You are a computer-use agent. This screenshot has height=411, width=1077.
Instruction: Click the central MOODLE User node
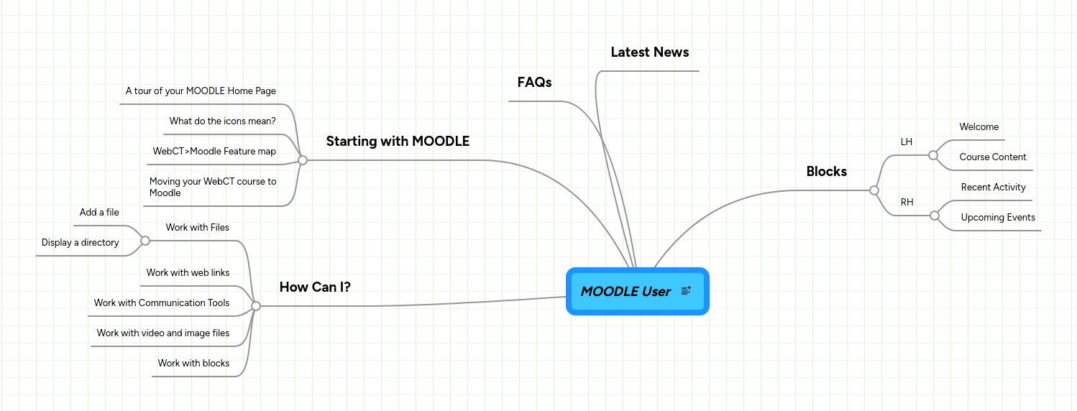(x=625, y=291)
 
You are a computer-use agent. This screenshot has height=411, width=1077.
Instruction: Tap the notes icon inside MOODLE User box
(x=686, y=290)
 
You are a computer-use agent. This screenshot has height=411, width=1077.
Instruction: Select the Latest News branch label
(x=649, y=52)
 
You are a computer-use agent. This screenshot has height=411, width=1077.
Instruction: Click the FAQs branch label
(x=534, y=83)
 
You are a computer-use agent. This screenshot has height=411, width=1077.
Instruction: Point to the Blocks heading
(x=826, y=172)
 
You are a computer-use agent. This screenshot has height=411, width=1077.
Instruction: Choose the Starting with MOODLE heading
(x=398, y=142)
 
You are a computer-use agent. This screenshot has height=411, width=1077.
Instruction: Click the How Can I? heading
(x=315, y=287)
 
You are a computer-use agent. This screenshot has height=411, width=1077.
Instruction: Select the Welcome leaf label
(x=979, y=127)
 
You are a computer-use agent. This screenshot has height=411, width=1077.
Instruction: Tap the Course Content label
(x=992, y=157)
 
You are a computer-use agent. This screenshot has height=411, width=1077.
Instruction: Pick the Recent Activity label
(x=993, y=188)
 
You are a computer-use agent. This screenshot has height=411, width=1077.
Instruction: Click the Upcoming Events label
(x=997, y=218)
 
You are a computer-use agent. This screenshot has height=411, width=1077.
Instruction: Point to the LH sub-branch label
(x=906, y=142)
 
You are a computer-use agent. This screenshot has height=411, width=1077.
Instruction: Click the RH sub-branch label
(x=907, y=203)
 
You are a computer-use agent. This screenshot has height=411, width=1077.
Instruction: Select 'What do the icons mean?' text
(x=222, y=121)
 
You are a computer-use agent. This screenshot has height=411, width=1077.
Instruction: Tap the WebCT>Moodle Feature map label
(x=214, y=152)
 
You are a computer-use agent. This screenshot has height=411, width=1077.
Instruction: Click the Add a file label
(x=99, y=213)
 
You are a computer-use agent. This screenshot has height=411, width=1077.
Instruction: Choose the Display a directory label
(x=80, y=243)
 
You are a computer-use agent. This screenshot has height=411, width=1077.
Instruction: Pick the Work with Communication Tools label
(x=162, y=303)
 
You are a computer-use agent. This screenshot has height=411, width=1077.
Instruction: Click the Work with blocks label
(x=193, y=364)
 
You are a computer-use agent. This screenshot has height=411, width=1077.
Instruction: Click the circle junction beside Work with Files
(x=145, y=241)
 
